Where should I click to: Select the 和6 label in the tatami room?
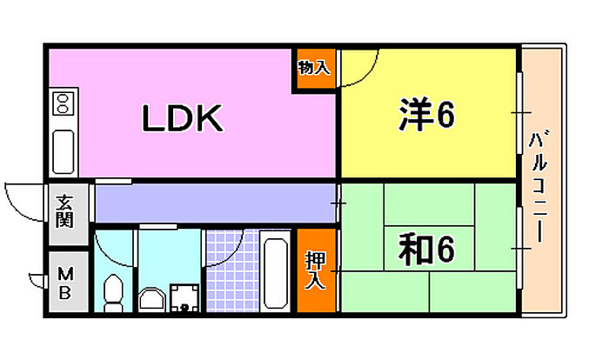click(427, 250)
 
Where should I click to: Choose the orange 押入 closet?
click(316, 269)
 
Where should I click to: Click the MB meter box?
click(65, 283)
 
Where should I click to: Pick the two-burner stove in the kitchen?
click(63, 105)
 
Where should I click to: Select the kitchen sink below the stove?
click(64, 150)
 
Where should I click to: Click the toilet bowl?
click(113, 291)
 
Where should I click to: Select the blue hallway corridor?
click(213, 203)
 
